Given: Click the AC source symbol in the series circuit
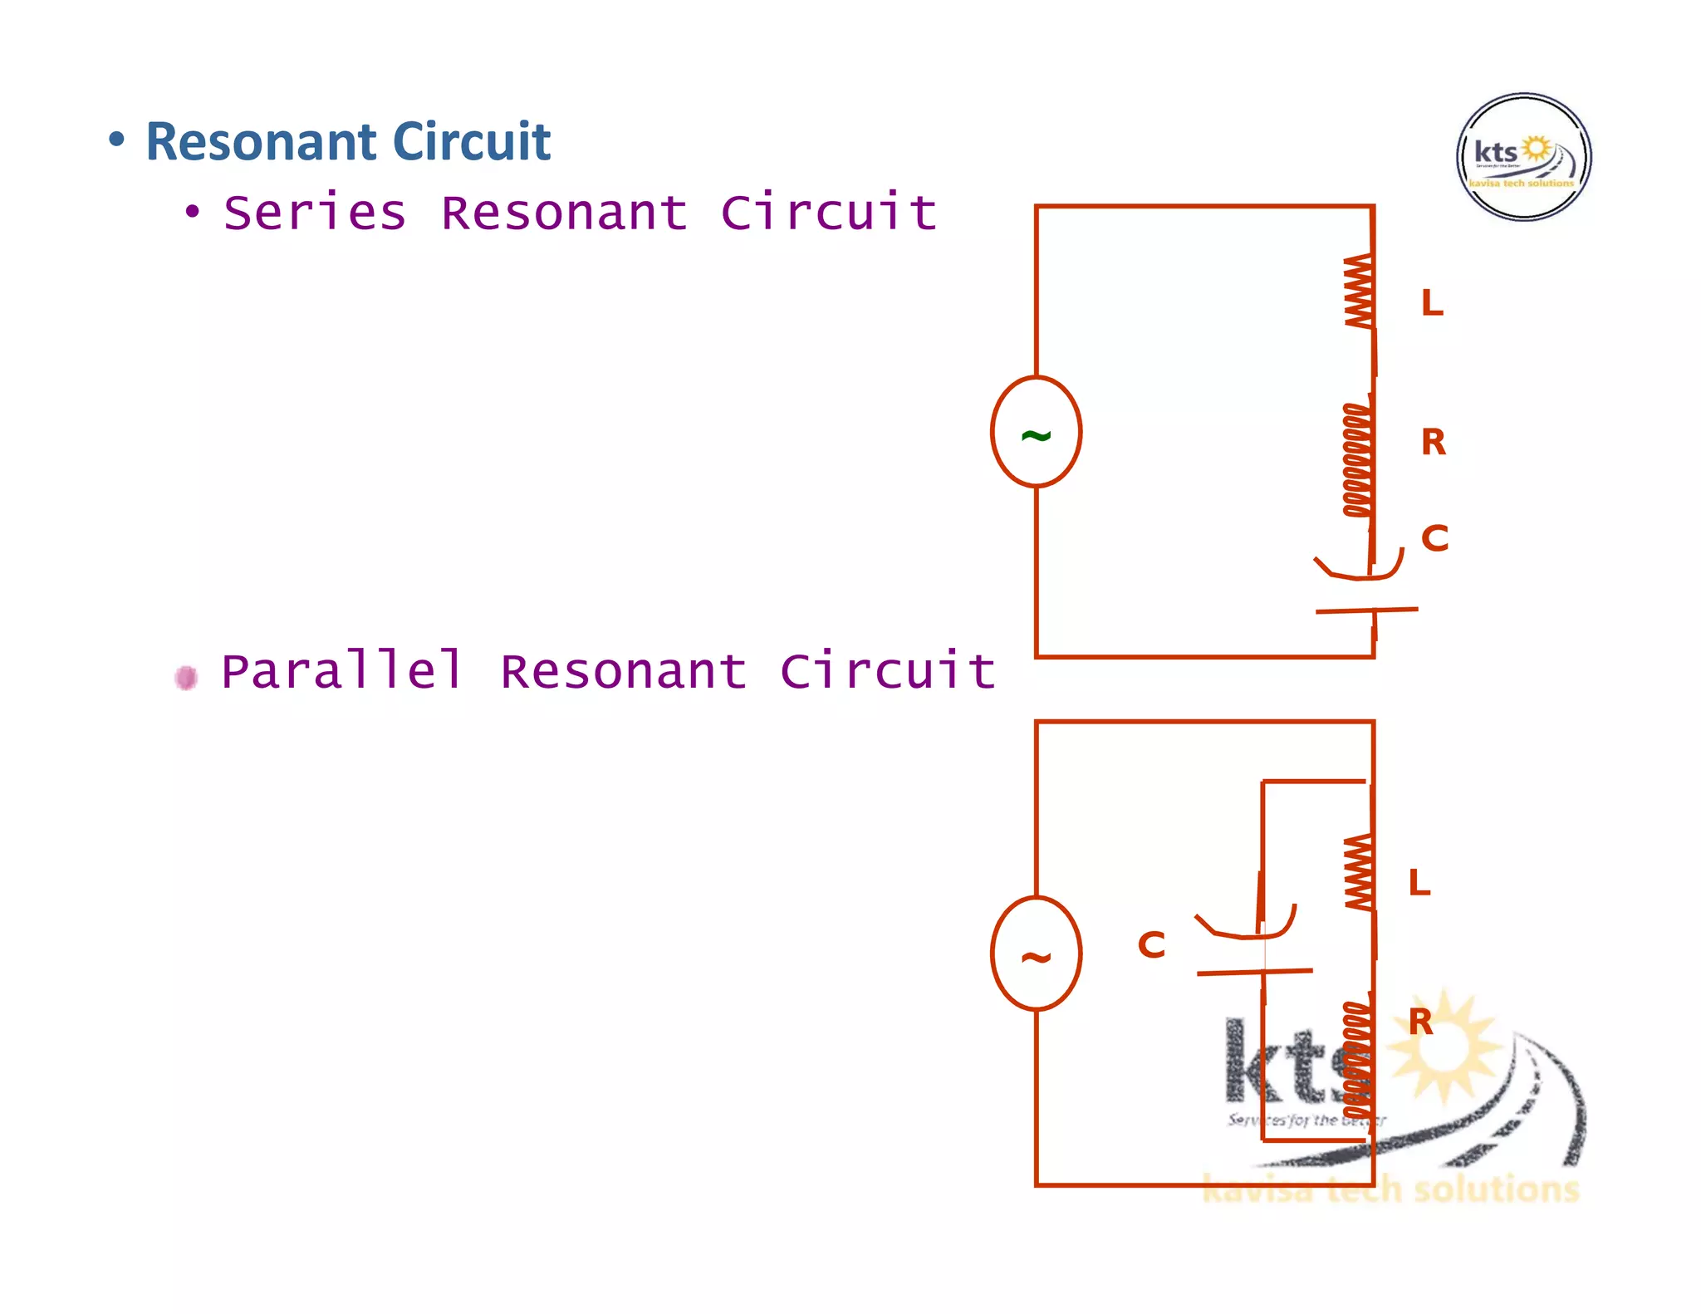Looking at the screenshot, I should coord(1036,432).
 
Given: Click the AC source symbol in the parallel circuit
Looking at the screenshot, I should coord(1036,954).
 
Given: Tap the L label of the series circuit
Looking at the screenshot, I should coord(1432,303).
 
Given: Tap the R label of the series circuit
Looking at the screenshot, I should coord(1434,442).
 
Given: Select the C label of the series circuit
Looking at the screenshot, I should coord(1434,538).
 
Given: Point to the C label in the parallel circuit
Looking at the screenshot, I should coord(1151,945).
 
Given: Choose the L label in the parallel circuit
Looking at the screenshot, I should coord(1419,883).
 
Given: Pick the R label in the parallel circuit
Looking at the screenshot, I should coord(1421,1022).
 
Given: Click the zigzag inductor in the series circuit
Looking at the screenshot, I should coord(1359,291).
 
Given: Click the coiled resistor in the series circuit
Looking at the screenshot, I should coord(1357,460).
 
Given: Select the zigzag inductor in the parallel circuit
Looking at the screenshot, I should coord(1359,872).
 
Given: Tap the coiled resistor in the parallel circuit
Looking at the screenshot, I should coord(1357,1059).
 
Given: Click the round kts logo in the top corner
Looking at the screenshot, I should coord(1523,157).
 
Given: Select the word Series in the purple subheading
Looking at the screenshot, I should coord(315,213).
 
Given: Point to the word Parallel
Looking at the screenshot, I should coord(341,671).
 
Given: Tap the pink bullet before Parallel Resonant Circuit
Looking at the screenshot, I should coord(186,678).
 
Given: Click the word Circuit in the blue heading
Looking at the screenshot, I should coord(471,141).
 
